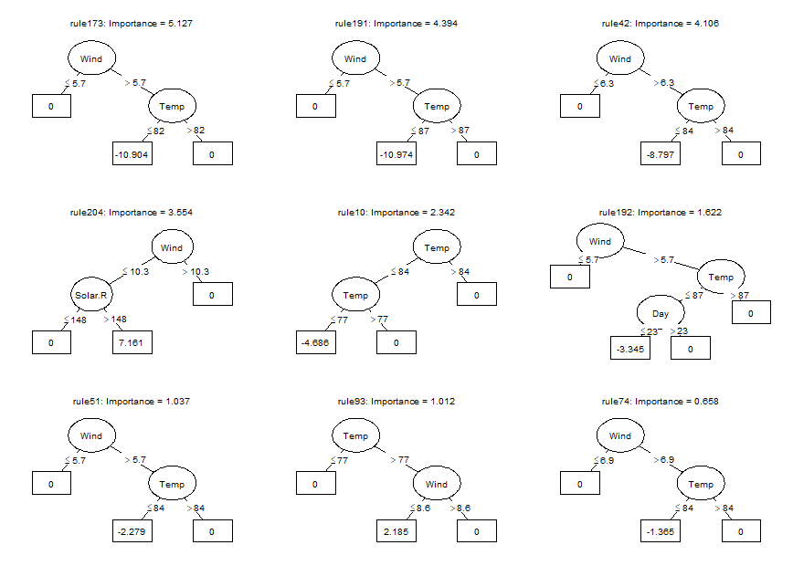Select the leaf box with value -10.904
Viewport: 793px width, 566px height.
(132, 154)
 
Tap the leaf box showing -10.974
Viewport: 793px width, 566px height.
(396, 154)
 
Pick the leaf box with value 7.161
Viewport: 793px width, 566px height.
(132, 343)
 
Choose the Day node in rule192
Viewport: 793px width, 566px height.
(660, 313)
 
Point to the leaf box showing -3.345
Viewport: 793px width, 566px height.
(630, 349)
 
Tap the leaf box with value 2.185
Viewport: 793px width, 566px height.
(396, 531)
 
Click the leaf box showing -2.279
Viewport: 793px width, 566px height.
(132, 531)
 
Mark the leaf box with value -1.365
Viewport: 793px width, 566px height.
(661, 531)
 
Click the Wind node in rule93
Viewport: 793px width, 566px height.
(437, 484)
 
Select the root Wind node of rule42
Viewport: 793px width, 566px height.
(620, 59)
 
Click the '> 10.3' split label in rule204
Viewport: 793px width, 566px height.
(197, 271)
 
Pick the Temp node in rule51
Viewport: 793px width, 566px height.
(173, 484)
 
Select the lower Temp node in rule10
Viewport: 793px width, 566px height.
(355, 295)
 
